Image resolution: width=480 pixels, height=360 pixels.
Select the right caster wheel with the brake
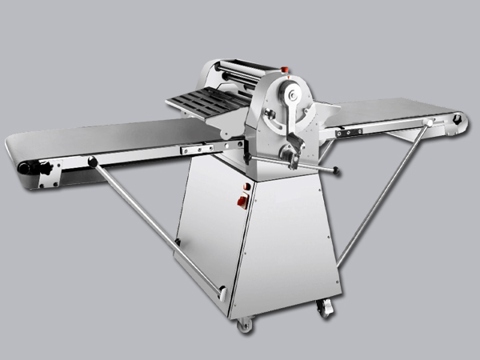[x=323, y=306]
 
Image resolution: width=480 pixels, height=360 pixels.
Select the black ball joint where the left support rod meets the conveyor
[x=93, y=162]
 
